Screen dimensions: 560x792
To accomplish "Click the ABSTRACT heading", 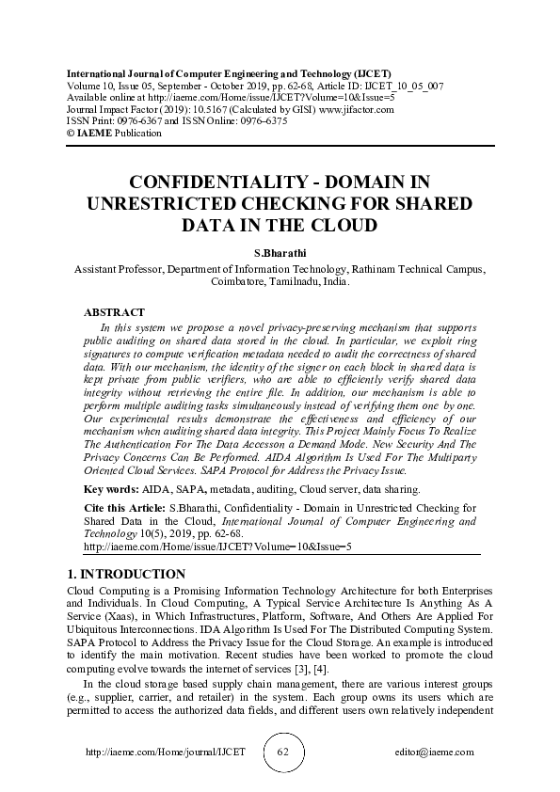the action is click(x=114, y=312).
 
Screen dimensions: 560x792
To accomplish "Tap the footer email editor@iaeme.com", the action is click(x=435, y=752).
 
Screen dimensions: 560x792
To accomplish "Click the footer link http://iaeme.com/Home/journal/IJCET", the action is click(x=166, y=752).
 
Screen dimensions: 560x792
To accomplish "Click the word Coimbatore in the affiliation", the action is click(x=242, y=280).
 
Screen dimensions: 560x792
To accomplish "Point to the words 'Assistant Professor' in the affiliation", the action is click(x=118, y=268).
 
